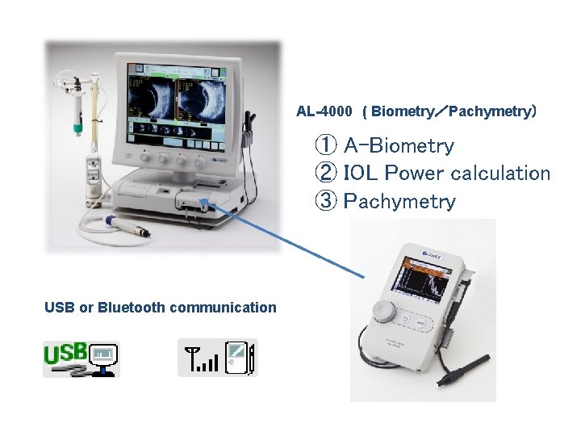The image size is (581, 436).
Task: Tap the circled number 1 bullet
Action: (x=325, y=146)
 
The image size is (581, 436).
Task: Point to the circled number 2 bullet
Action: (x=325, y=174)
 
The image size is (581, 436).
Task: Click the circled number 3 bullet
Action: (x=325, y=201)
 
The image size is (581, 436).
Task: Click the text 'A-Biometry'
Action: (x=399, y=146)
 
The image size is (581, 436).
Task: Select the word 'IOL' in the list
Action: (x=361, y=174)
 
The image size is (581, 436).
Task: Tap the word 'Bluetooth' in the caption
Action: (x=131, y=307)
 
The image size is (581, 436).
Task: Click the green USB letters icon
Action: (x=66, y=354)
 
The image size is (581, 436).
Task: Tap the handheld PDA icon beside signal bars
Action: (x=240, y=358)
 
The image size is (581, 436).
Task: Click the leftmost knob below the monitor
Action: (x=137, y=159)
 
